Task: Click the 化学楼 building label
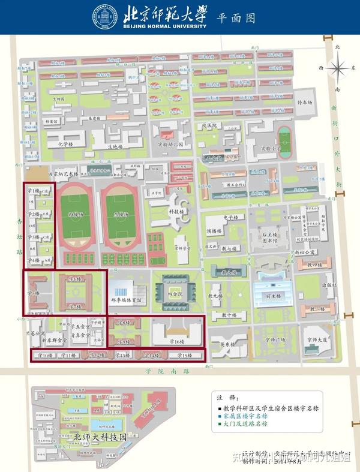(x=65, y=145)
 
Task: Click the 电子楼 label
(x=232, y=217)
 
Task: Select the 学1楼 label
(x=34, y=191)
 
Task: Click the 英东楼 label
(x=226, y=344)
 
